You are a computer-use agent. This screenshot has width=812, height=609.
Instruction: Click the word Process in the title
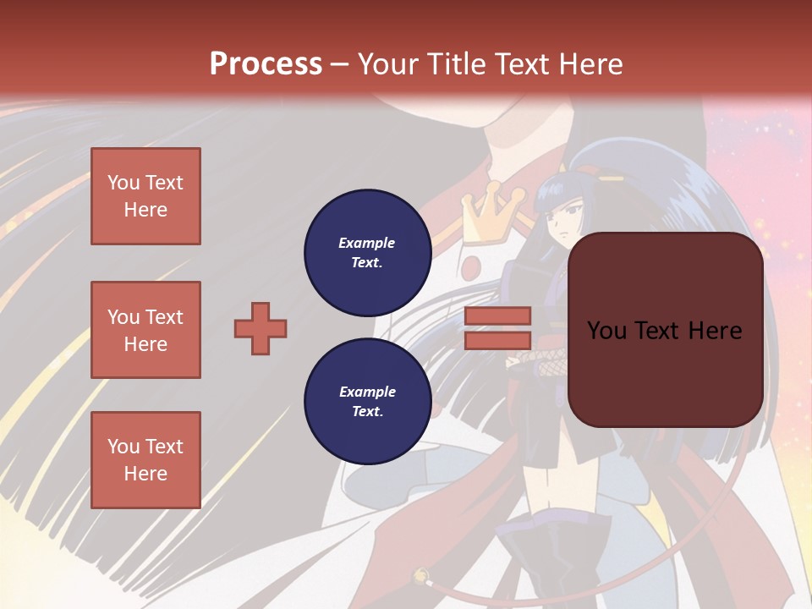[x=266, y=63]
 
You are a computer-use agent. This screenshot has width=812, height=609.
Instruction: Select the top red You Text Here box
[x=145, y=196]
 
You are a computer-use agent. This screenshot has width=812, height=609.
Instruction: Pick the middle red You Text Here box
[x=145, y=330]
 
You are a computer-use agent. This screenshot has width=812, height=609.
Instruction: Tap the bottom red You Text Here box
[x=145, y=460]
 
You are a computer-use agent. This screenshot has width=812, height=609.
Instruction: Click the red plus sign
[x=261, y=328]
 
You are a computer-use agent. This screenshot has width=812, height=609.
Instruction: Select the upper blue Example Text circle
[x=367, y=253]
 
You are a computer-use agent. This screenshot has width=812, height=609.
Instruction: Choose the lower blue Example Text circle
[x=367, y=402]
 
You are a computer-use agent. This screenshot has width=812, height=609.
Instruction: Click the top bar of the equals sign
[x=497, y=315]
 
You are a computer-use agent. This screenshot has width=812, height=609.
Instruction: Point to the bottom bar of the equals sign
[x=497, y=340]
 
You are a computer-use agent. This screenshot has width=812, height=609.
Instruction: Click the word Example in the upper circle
[x=367, y=243]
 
